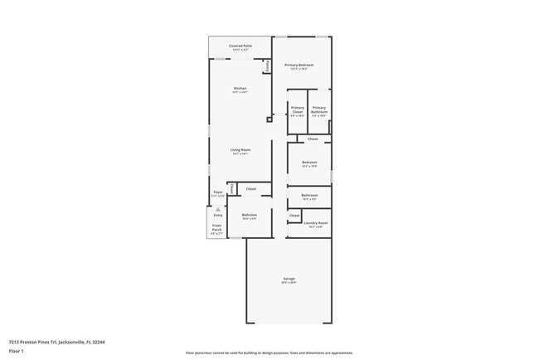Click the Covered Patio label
[240, 46]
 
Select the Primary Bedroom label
[302, 65]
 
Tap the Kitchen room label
[240, 88]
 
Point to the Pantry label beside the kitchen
[267, 66]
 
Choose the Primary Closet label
[298, 110]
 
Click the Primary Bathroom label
[319, 110]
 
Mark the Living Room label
[240, 150]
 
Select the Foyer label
[218, 192]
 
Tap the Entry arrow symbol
[218, 209]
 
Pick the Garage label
[289, 279]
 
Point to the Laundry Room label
[317, 222]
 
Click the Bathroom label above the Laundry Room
[310, 196]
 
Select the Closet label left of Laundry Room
[294, 216]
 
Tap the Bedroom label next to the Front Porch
[250, 216]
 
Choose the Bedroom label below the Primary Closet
[309, 162]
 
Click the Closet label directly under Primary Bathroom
[313, 139]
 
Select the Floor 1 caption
[17, 351]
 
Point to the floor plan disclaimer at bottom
[269, 353]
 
